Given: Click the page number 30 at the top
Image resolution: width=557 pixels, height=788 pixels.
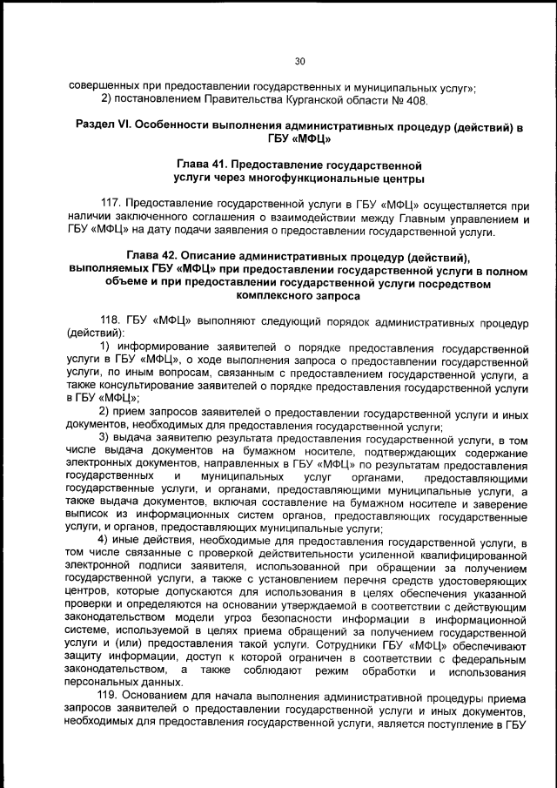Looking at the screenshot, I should pos(299,61).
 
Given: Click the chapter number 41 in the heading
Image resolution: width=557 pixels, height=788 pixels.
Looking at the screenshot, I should pos(222,164).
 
